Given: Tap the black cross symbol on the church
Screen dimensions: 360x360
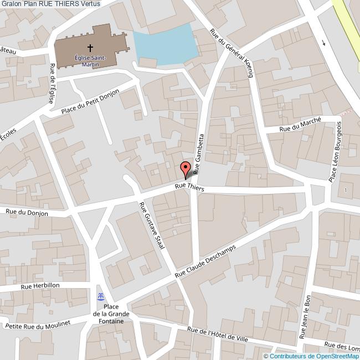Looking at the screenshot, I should point(90,48).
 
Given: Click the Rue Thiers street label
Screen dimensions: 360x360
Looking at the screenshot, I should point(189,188).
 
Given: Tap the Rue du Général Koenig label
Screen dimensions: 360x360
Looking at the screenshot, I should point(232,53).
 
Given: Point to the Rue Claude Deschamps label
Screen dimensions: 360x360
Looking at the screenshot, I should point(205,261).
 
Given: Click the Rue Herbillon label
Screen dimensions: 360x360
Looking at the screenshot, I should point(39,286).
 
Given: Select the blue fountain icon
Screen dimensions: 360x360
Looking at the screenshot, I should point(100,295).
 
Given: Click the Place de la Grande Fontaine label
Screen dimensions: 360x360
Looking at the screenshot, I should point(112,313).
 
